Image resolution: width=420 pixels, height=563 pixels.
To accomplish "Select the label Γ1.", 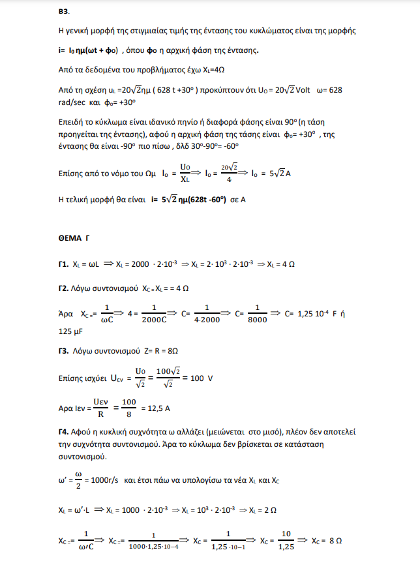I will [x=63, y=265].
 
